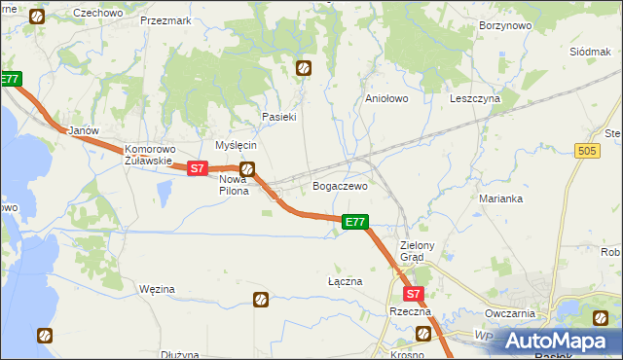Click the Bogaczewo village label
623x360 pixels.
pyautogui.click(x=339, y=185)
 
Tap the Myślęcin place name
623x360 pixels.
pyautogui.click(x=236, y=145)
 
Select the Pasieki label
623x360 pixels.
pyautogui.click(x=278, y=117)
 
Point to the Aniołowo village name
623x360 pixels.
pyautogui.click(x=385, y=99)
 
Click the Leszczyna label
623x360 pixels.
pyautogui.click(x=474, y=99)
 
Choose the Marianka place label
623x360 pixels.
pyautogui.click(x=501, y=198)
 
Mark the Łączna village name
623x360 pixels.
pyautogui.click(x=344, y=281)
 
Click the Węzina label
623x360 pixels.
pyautogui.click(x=157, y=289)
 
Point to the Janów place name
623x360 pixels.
pyautogui.click(x=78, y=130)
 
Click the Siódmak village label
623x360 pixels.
pyautogui.click(x=590, y=51)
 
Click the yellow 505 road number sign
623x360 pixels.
pyautogui.click(x=587, y=151)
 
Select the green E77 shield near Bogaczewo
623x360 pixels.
pyautogui.click(x=355, y=223)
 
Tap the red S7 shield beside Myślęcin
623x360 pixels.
pyautogui.click(x=198, y=168)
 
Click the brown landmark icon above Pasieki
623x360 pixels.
pyautogui.click(x=304, y=68)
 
